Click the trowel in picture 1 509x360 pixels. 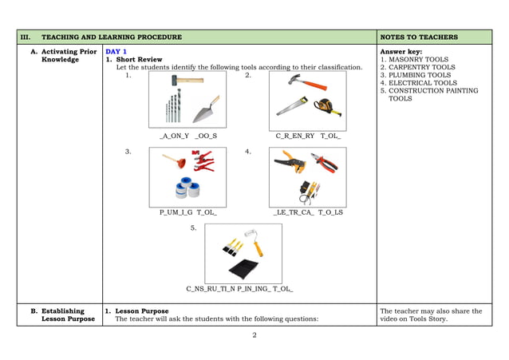207,110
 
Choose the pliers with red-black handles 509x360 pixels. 325,162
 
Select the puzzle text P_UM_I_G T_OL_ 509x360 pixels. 187,212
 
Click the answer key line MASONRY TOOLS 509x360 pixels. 418,59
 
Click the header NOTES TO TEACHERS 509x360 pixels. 419,38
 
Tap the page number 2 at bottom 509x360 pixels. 254,335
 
